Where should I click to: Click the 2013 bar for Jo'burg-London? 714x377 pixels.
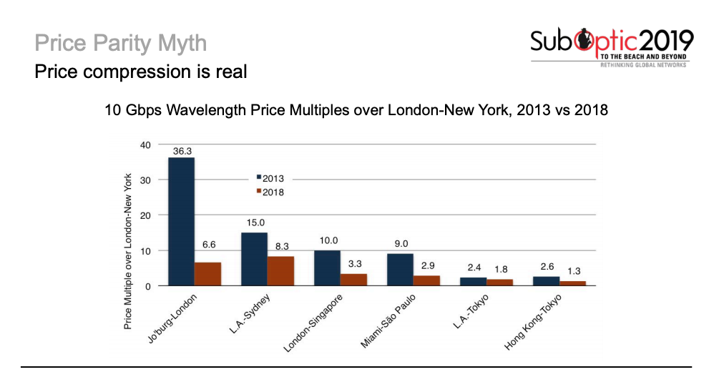click(181, 222)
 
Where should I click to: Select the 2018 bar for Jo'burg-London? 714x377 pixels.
click(208, 274)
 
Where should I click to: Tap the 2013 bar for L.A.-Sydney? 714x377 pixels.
click(254, 259)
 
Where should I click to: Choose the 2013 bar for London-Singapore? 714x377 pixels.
click(327, 268)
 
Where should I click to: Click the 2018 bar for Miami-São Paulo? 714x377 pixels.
click(427, 280)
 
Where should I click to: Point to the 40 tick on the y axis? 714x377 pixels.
click(146, 145)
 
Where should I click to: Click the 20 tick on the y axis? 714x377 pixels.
click(146, 215)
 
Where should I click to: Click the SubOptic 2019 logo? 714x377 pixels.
click(612, 46)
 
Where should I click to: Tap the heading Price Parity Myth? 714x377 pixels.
click(120, 43)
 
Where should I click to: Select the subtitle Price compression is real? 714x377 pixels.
click(141, 72)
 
